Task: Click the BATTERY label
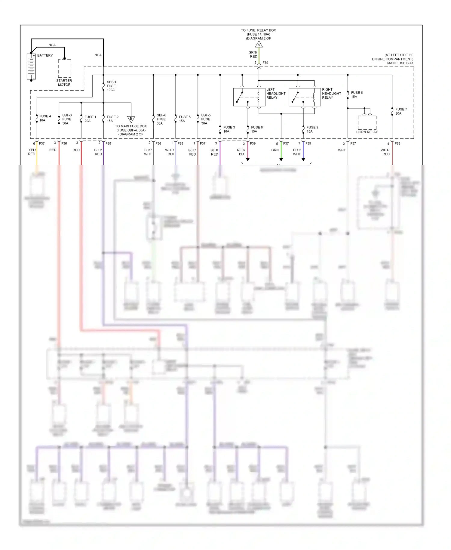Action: [x=45, y=55]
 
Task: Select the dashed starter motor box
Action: [x=64, y=69]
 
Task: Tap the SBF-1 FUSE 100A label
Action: [x=111, y=86]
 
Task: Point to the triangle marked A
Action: [x=259, y=45]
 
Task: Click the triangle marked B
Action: [x=131, y=119]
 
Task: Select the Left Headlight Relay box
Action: [x=249, y=97]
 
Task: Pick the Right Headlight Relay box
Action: [x=305, y=97]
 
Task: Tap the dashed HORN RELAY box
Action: [x=367, y=123]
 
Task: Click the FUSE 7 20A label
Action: [x=401, y=111]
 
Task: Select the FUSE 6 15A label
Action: [x=357, y=95]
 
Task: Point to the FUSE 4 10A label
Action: [x=45, y=118]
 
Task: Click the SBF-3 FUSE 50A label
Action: [x=67, y=119]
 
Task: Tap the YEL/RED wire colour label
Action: [x=32, y=152]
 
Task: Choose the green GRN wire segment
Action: [x=281, y=153]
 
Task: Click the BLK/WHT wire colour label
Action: [x=148, y=152]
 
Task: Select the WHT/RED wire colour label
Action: [x=385, y=152]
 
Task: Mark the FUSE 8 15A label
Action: [x=256, y=129]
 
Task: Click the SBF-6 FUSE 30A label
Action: [x=161, y=119]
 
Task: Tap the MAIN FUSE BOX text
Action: [x=400, y=63]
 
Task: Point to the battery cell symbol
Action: [x=31, y=66]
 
